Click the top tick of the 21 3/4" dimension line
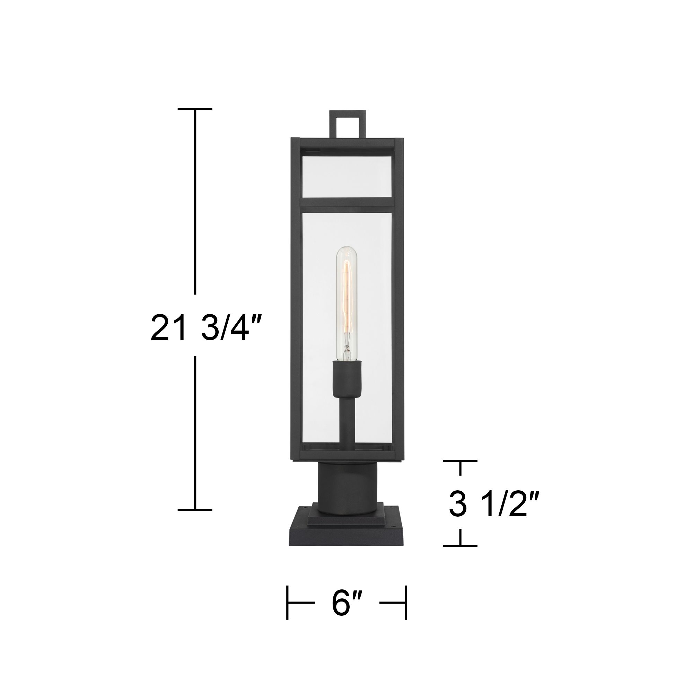click(195, 108)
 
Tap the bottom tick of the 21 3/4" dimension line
click(195, 509)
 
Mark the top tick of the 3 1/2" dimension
click(460, 461)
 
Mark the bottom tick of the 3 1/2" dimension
click(460, 546)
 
